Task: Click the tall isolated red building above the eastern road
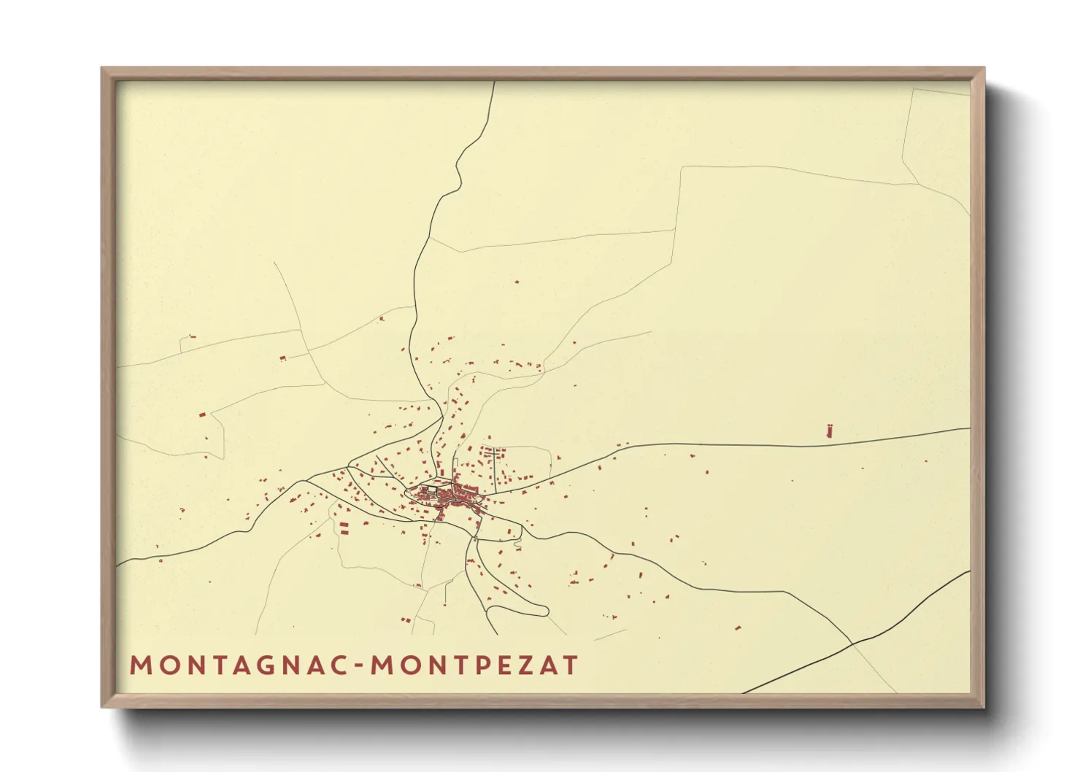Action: (x=829, y=430)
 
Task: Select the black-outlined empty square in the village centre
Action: (x=431, y=491)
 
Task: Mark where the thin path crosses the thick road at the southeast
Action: (x=852, y=644)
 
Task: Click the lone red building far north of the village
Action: (x=517, y=282)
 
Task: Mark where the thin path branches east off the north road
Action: (x=427, y=237)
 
